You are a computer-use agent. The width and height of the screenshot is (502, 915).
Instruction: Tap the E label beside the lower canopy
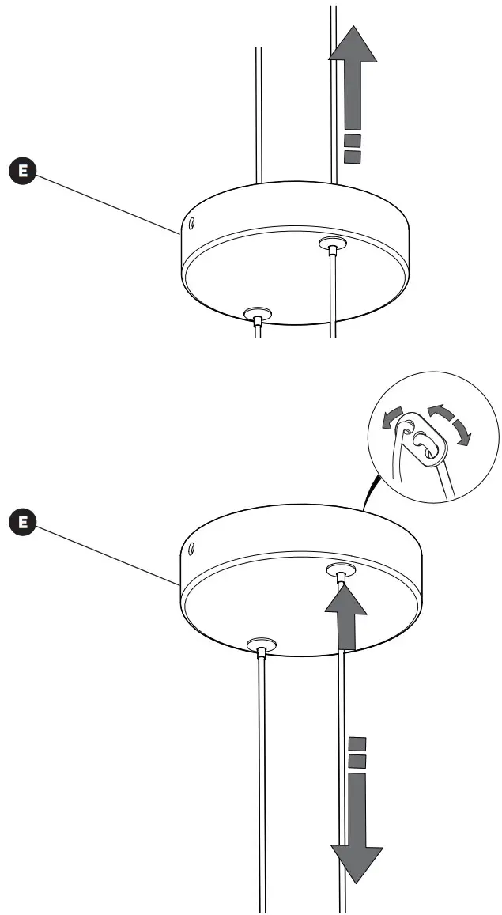point(23,522)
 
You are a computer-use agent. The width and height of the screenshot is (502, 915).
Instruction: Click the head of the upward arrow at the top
point(353,43)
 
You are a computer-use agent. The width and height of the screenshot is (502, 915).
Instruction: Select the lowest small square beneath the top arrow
point(353,157)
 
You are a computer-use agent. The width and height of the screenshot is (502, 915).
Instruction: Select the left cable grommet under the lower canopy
point(260,645)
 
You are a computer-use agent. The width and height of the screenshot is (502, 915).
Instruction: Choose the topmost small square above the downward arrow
point(357,743)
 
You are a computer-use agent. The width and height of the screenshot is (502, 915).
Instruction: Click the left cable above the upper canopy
point(258,111)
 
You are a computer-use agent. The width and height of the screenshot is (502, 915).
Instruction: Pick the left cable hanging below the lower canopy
point(262,775)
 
